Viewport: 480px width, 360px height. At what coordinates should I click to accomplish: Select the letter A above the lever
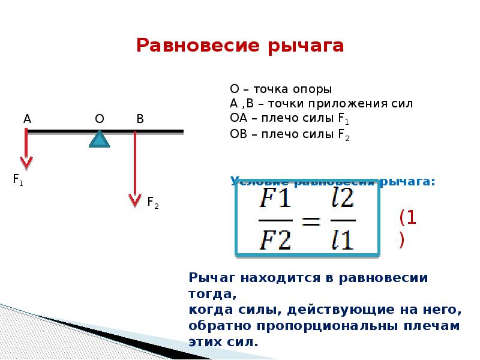click(x=27, y=119)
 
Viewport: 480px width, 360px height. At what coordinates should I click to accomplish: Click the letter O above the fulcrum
click(x=100, y=119)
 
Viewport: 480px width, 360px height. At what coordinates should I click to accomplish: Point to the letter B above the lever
click(x=140, y=119)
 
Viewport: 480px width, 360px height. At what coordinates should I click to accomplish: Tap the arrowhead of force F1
click(x=26, y=163)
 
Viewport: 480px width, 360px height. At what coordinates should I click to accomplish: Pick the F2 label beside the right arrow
click(x=152, y=202)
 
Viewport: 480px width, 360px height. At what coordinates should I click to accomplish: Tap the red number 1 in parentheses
click(x=412, y=217)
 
